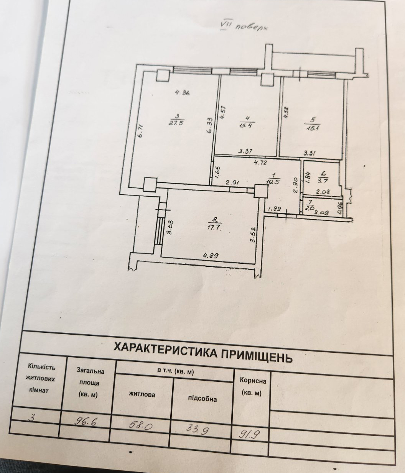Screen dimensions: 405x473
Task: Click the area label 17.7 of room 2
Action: (214, 227)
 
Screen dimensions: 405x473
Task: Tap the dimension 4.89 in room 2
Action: (209, 255)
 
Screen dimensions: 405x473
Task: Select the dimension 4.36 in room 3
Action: (182, 93)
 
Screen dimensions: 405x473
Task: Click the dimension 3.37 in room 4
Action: (245, 151)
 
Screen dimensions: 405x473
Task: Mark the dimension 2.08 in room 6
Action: (323, 192)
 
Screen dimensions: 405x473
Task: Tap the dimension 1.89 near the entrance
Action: (275, 209)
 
